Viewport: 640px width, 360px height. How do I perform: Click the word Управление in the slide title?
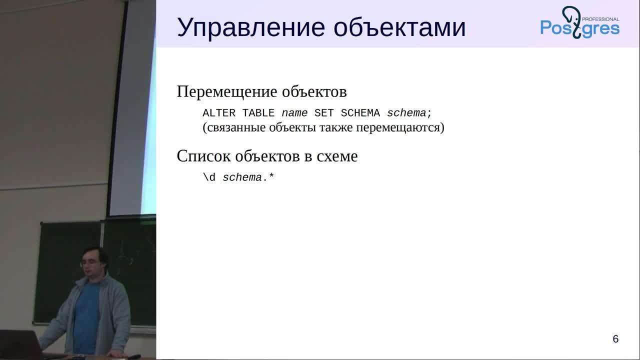[x=251, y=28]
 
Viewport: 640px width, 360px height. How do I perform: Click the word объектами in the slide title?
[x=399, y=27]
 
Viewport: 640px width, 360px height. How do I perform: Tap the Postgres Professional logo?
[x=579, y=22]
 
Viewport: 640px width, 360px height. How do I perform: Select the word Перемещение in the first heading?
[x=227, y=92]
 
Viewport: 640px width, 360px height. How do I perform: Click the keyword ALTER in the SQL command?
[x=219, y=113]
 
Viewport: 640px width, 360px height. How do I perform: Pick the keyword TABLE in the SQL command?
[x=258, y=113]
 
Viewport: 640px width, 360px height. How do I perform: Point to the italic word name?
[x=294, y=113]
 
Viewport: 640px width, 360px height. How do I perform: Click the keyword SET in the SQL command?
[x=324, y=113]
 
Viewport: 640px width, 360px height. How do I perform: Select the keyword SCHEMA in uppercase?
[x=360, y=113]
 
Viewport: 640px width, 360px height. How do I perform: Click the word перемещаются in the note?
[x=400, y=127]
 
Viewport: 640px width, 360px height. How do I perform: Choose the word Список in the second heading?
[x=203, y=156]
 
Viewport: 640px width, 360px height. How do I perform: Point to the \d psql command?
[x=209, y=177]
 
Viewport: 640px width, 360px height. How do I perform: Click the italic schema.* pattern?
[x=248, y=177]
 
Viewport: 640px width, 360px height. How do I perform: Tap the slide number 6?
[x=615, y=339]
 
